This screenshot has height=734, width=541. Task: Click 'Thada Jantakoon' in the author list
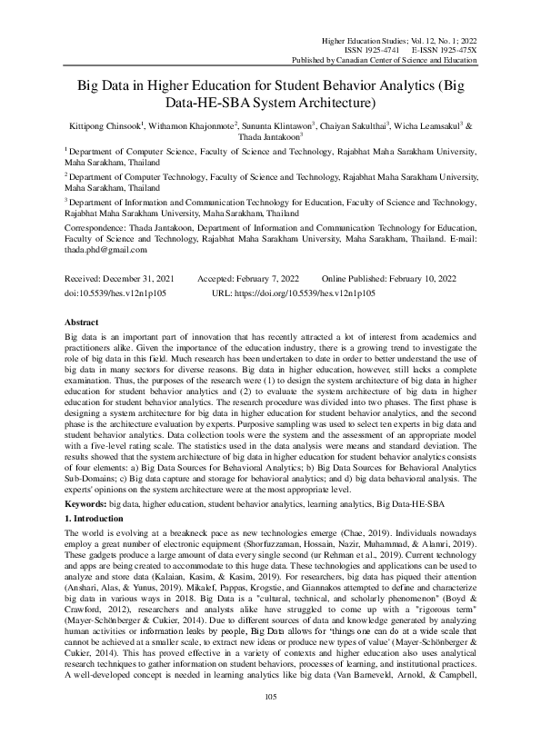[x=271, y=138]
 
